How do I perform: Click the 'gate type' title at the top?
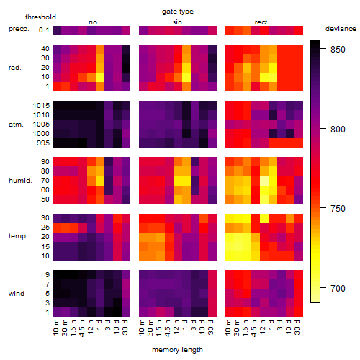pyautogui.click(x=178, y=12)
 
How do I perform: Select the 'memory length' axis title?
pyautogui.click(x=177, y=350)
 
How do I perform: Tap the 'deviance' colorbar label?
pyautogui.click(x=341, y=29)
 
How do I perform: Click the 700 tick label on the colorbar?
pyautogui.click(x=338, y=288)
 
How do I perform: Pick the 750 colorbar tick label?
pyautogui.click(x=338, y=209)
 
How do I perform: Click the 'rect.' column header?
pyautogui.click(x=262, y=22)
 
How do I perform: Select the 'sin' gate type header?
pyautogui.click(x=177, y=22)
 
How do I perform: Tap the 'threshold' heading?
pyautogui.click(x=40, y=17)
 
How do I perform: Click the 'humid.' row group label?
pyautogui.click(x=20, y=181)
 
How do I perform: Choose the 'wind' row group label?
pyautogui.click(x=17, y=294)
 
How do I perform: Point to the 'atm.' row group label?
pyautogui.click(x=16, y=125)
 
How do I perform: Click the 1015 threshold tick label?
pyautogui.click(x=41, y=106)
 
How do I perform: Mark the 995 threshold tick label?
pyautogui.click(x=43, y=143)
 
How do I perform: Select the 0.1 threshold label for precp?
pyautogui.click(x=44, y=30)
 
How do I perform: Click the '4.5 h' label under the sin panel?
pyautogui.click(x=168, y=328)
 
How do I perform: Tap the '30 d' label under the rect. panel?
pyautogui.click(x=297, y=327)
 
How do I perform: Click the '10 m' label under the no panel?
pyautogui.click(x=55, y=327)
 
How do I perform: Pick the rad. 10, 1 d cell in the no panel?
pyautogui.click(x=100, y=77)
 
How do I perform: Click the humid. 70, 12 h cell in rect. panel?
pyautogui.click(x=264, y=181)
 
